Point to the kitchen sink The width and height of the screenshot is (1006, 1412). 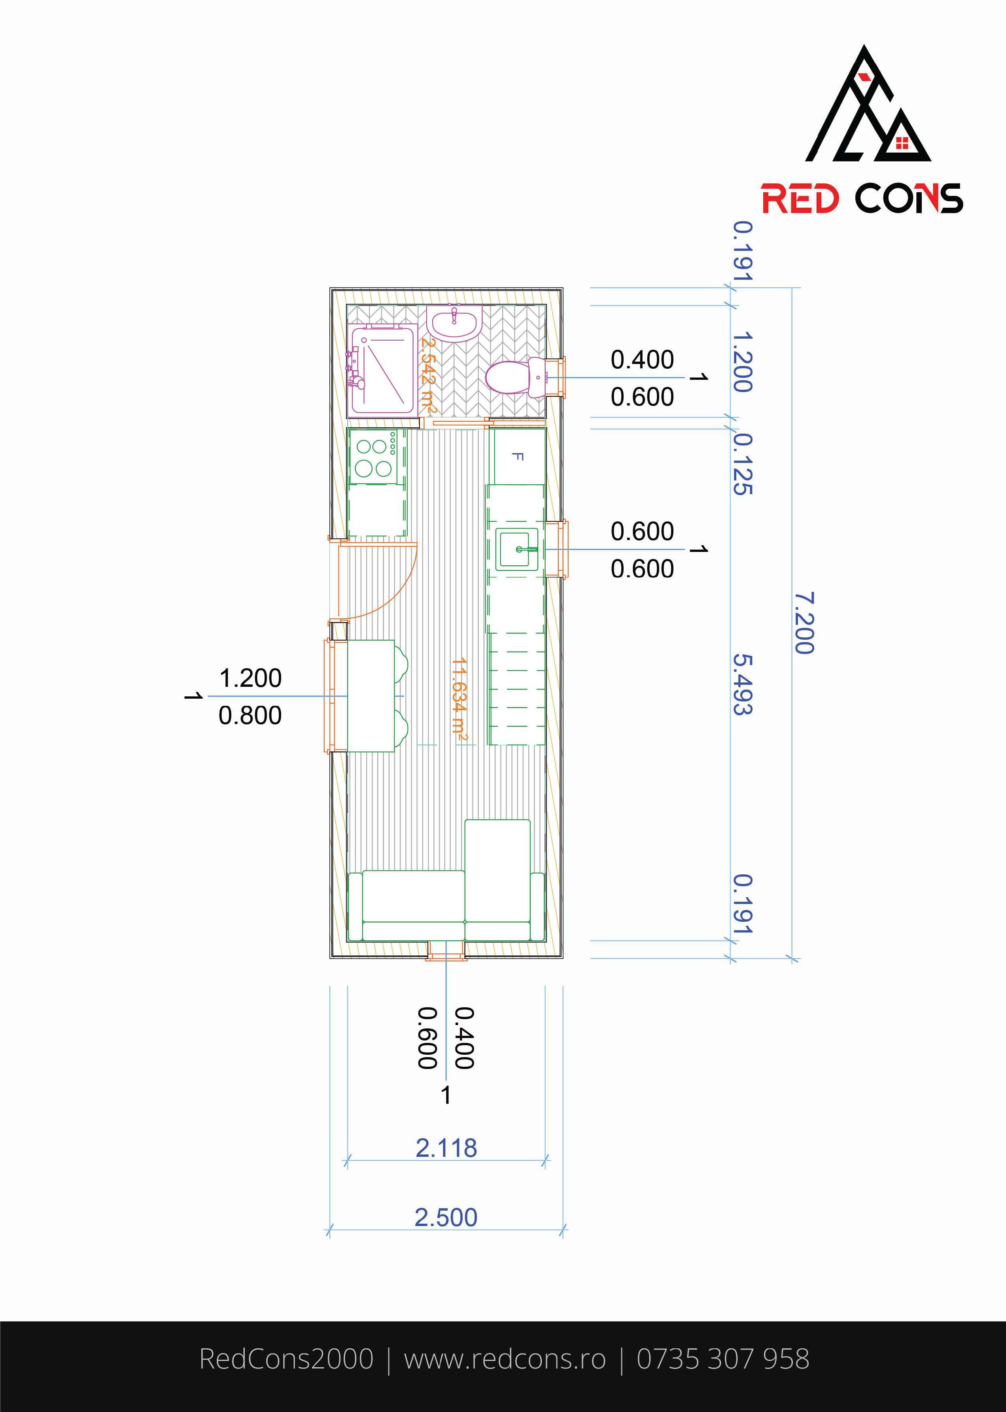click(516, 548)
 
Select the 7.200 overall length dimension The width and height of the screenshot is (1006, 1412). click(804, 623)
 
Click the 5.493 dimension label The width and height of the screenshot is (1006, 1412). click(743, 684)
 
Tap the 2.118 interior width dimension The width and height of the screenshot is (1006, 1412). click(446, 1148)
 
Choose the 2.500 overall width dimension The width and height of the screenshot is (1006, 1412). click(446, 1217)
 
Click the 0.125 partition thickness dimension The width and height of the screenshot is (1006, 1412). click(743, 463)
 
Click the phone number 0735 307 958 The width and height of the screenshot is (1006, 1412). click(723, 1358)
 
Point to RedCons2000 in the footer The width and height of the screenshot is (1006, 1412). click(286, 1358)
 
